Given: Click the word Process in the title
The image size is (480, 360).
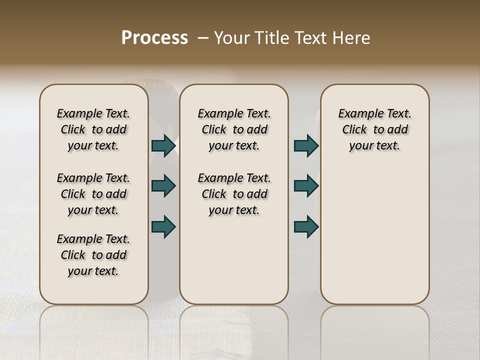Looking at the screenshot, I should [154, 37].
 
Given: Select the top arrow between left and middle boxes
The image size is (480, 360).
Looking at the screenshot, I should [163, 146].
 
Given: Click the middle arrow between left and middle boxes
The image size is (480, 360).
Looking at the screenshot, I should [163, 186].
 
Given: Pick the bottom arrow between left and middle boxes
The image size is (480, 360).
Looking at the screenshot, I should [163, 226].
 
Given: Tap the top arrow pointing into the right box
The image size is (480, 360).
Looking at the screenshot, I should [305, 146].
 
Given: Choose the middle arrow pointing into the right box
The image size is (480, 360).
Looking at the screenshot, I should [305, 186].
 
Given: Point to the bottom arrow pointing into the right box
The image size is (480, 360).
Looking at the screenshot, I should [305, 226].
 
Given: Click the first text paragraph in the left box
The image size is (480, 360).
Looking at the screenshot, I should [93, 129].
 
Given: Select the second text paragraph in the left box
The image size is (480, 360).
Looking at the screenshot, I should [93, 194].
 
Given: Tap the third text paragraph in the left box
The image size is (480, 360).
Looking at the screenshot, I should [93, 255].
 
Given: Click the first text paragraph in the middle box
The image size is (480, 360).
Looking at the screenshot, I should [234, 129].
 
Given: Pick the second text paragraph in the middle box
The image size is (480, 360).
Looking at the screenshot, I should [234, 194].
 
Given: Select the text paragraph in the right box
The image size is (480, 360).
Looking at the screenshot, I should [375, 129].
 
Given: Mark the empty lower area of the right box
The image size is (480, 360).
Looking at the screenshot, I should [375, 230].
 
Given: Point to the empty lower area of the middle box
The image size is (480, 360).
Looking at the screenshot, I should [234, 260].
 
